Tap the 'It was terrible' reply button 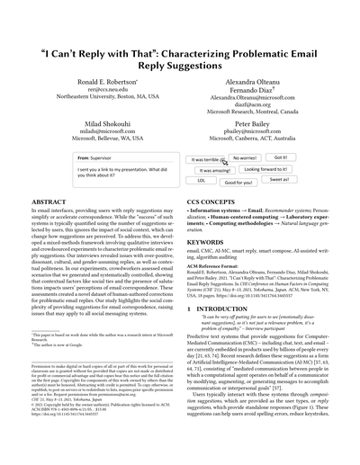point(202,157)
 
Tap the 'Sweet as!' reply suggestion point(280,180)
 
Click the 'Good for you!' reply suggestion point(238,182)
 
